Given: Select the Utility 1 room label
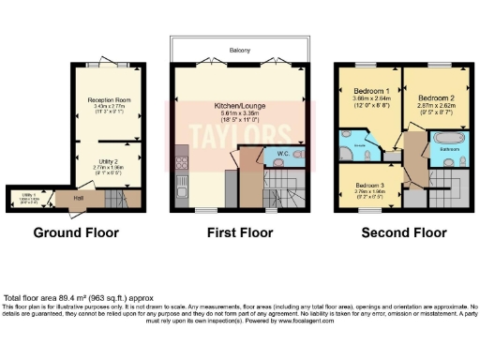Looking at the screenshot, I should (31, 194).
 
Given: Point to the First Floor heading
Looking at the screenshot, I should (241, 231).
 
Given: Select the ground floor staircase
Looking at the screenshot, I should (114, 199).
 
